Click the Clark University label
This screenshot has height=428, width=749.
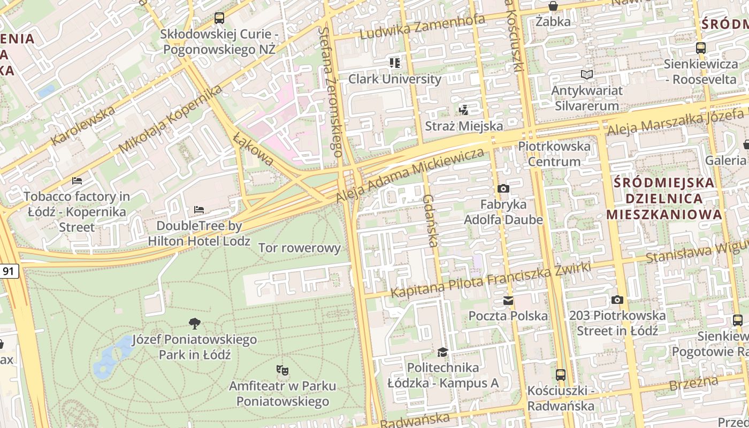coord(395,79)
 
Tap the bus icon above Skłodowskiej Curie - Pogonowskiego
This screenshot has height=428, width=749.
coord(219,18)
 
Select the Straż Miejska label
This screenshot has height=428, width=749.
coord(464,126)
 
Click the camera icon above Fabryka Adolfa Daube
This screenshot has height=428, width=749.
coord(503,188)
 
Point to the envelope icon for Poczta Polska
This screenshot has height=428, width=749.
coord(508,301)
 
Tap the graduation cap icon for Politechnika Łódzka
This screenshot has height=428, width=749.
coord(442,352)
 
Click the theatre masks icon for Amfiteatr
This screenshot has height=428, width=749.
coord(282,370)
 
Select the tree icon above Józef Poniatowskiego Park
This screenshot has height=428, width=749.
coord(195,323)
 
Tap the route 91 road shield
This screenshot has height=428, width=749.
coord(9,271)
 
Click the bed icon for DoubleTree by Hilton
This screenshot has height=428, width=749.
coord(199,209)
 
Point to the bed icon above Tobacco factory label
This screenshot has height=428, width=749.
coord(77,181)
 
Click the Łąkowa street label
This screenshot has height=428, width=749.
coord(254,149)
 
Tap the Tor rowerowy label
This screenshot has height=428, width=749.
coord(300,248)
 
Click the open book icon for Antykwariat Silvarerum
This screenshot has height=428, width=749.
coord(587,75)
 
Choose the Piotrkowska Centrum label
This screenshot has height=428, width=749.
coord(554,154)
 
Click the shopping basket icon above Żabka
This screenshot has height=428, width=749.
coord(553,6)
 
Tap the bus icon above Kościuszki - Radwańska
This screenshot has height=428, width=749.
coord(560,374)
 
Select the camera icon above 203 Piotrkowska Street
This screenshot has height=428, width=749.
coord(617,300)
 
